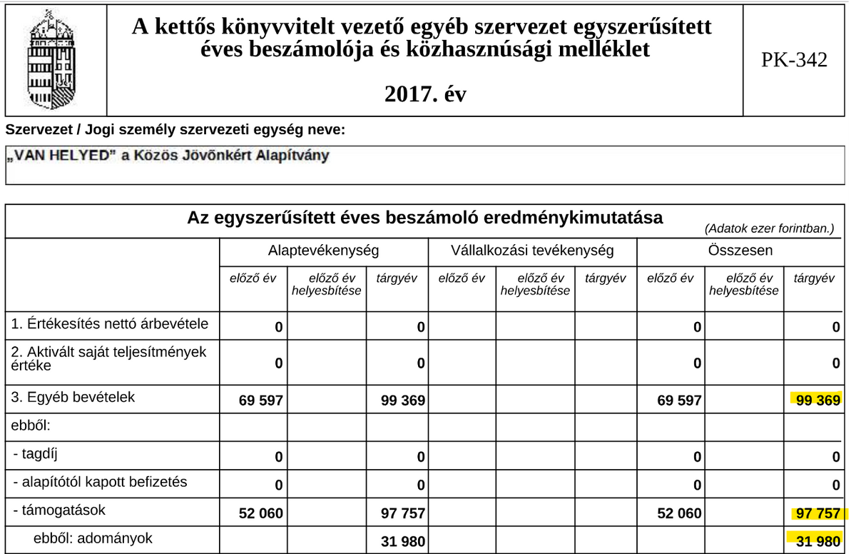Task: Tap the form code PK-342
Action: tap(794, 60)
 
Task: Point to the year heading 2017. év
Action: tap(424, 94)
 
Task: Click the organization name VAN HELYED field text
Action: tap(167, 156)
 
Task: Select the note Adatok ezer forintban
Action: tap(769, 229)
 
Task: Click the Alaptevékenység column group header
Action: tap(323, 251)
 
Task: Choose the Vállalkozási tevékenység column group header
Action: tap(532, 251)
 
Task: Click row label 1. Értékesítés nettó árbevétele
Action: tap(110, 324)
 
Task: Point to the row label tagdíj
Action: tap(43, 453)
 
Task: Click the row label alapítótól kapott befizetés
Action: tap(100, 482)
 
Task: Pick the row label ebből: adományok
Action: tap(93, 539)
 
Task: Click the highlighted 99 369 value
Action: tap(817, 401)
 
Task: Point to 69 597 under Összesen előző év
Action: tap(679, 401)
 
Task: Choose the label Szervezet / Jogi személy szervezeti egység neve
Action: tap(175, 130)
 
